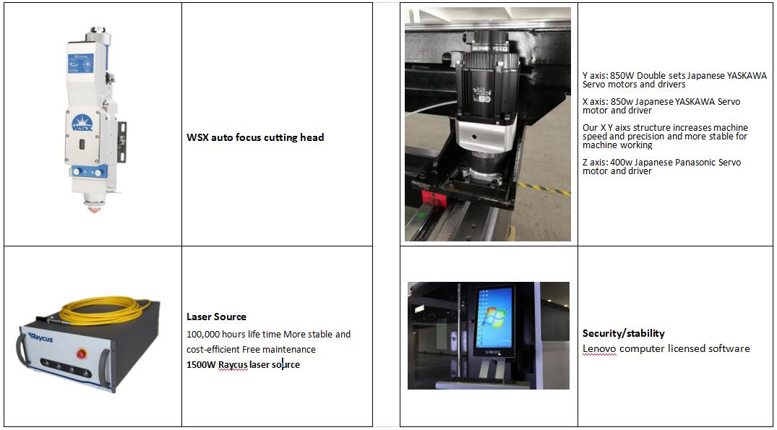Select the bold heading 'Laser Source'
pyautogui.click(x=216, y=317)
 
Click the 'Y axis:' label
pyautogui.click(x=596, y=76)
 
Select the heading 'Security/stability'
pyautogui.click(x=623, y=333)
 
